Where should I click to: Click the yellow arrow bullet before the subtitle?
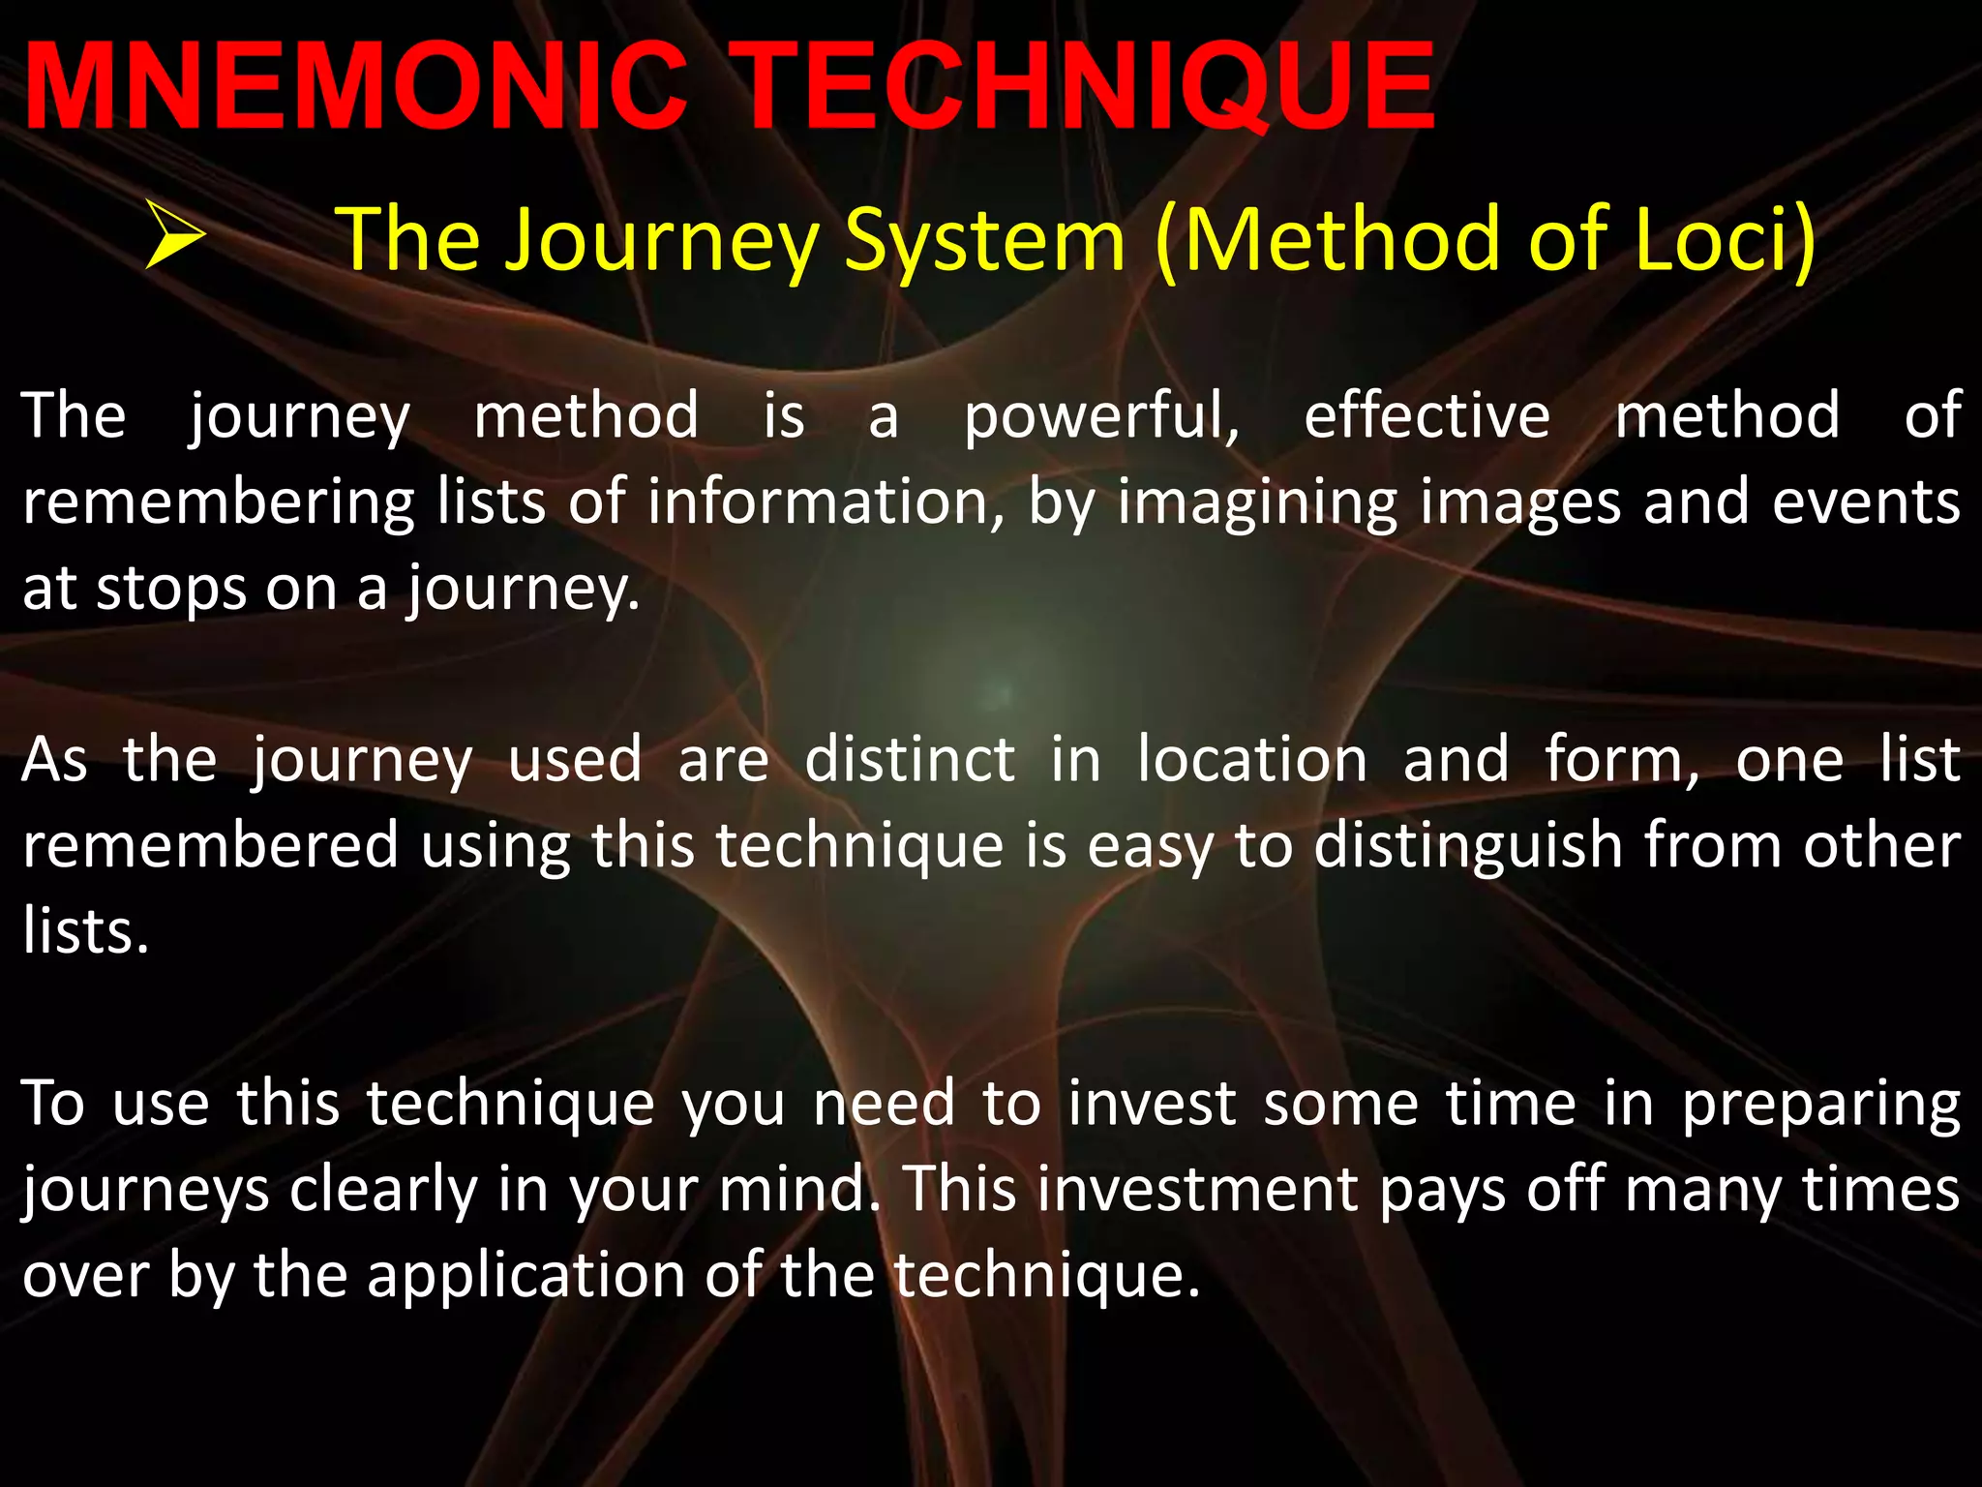pos(175,235)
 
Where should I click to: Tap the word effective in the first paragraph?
pos(1426,416)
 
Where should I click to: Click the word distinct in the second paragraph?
pos(910,760)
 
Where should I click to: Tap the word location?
pos(1252,760)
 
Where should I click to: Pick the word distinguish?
pos(1467,847)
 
